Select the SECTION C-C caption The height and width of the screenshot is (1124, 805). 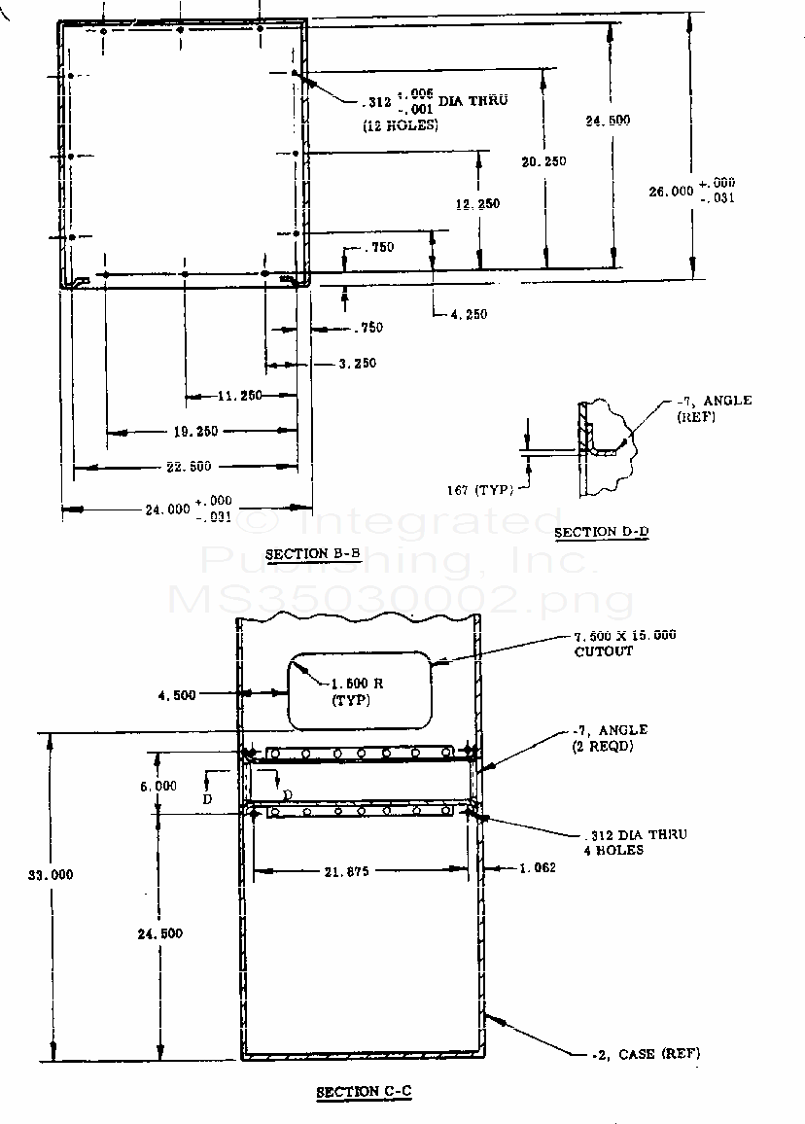click(364, 1092)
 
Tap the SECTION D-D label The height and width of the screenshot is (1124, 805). click(601, 532)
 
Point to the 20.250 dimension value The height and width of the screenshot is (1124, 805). click(543, 161)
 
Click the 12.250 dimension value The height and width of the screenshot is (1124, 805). click(476, 203)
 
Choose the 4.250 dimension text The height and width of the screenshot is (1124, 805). click(469, 314)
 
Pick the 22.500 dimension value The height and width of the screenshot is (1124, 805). click(187, 467)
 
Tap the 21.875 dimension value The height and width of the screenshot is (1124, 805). click(346, 871)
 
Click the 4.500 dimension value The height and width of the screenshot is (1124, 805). click(176, 694)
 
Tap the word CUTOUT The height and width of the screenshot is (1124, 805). click(603, 651)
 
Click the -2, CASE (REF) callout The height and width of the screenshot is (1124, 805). click(645, 1053)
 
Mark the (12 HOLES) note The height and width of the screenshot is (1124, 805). click(400, 125)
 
